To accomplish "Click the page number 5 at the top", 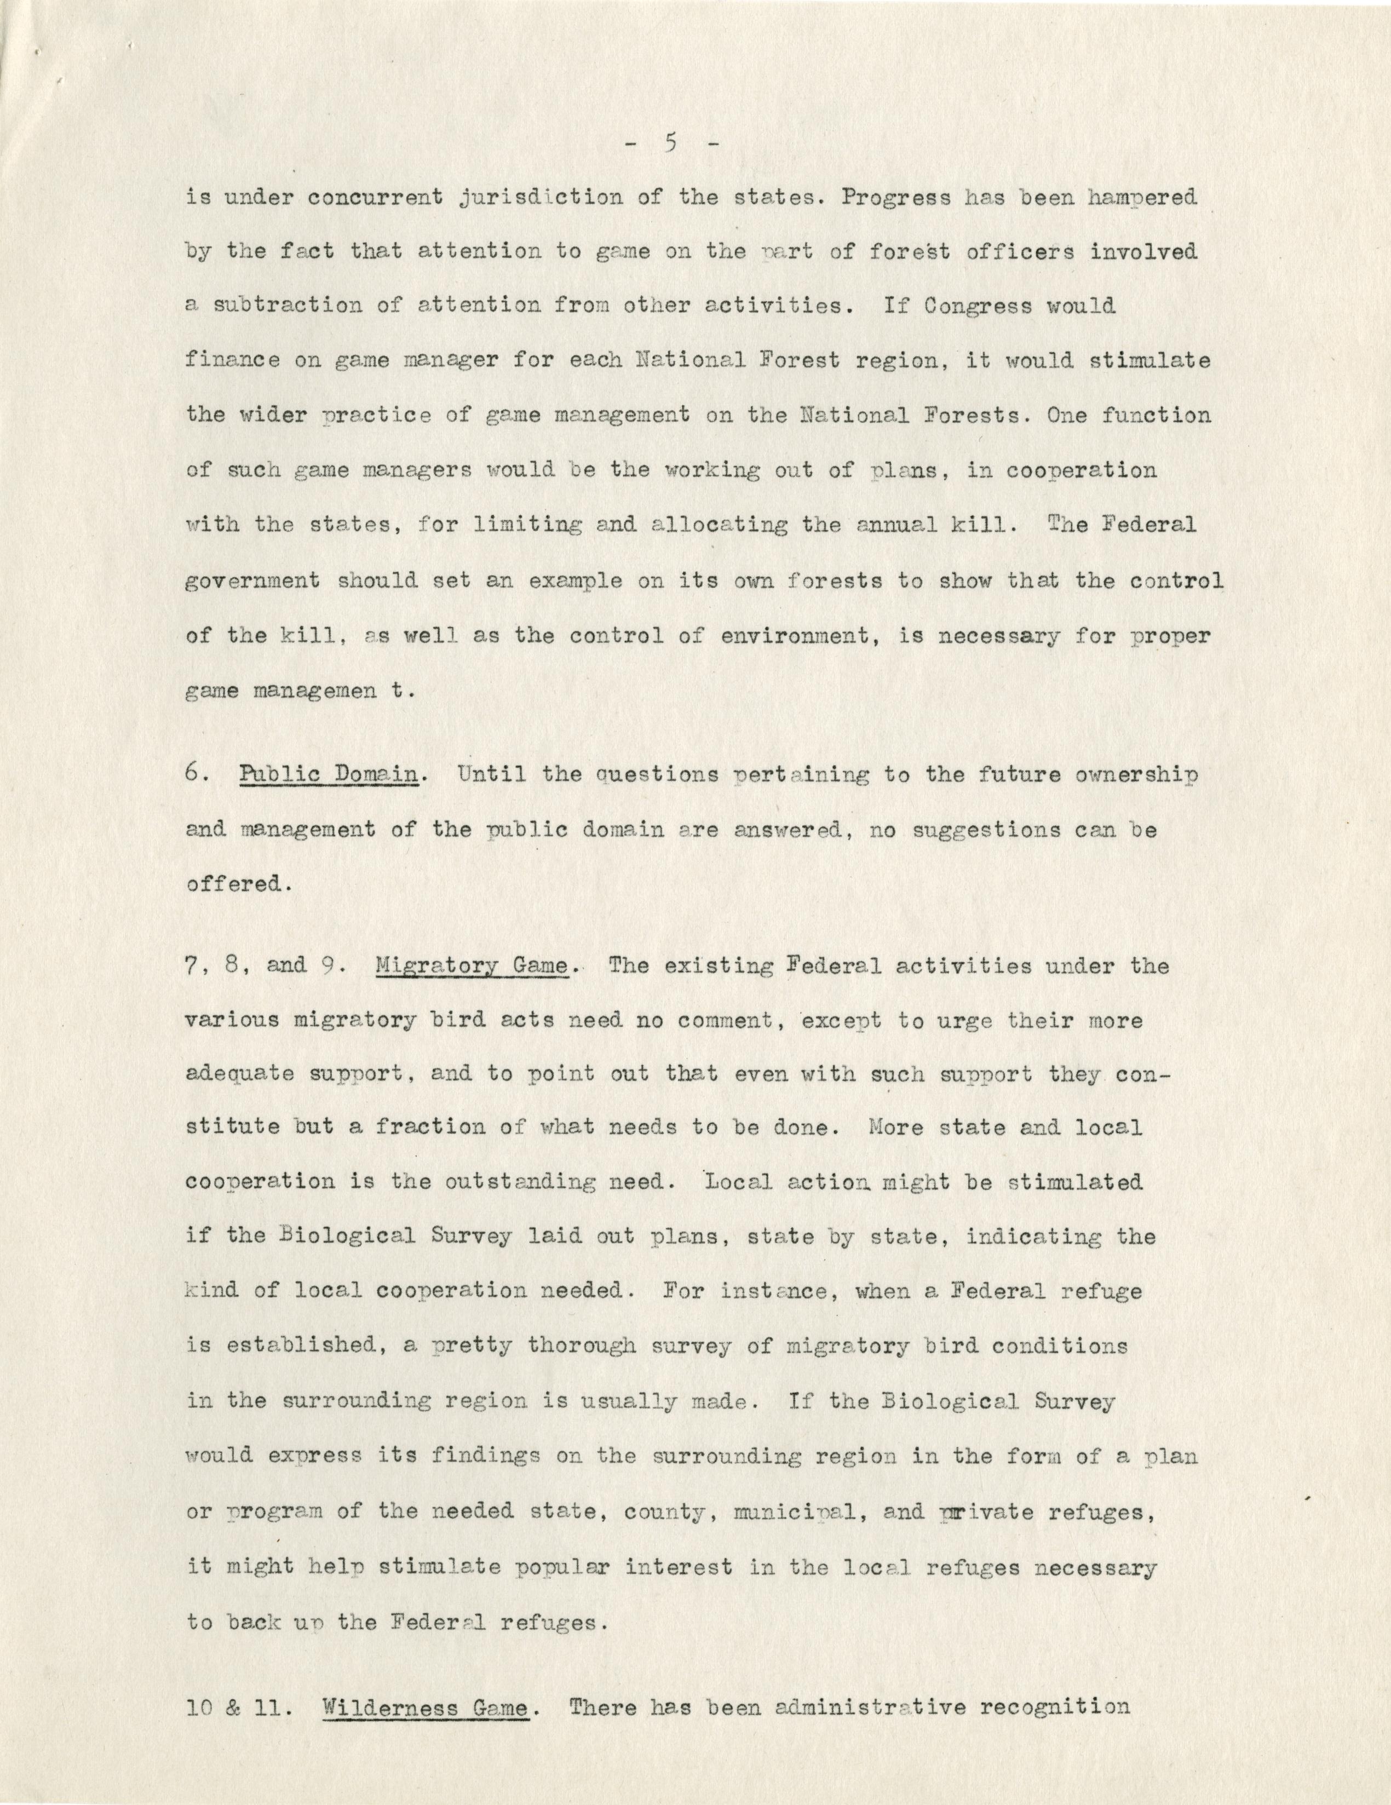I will pyautogui.click(x=670, y=144).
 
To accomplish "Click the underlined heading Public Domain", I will pyautogui.click(x=328, y=776).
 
